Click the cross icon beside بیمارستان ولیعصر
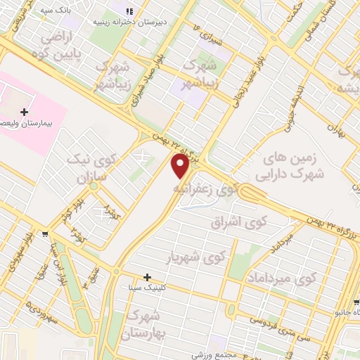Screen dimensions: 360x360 point(25,112)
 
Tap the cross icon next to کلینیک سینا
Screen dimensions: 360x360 point(147,276)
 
